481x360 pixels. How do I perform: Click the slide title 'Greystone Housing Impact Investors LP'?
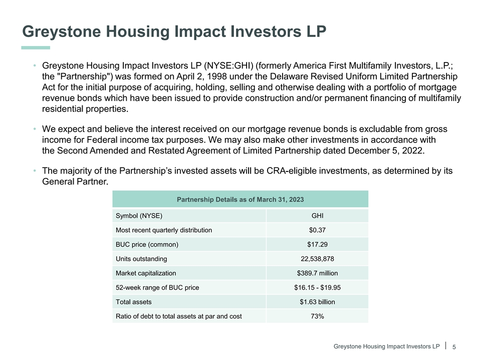[174, 32]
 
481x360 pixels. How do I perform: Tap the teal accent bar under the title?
[36, 47]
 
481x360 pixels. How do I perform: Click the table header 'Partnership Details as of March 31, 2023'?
[240, 199]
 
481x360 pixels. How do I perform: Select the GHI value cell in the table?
[317, 216]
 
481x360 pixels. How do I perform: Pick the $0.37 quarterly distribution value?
[317, 230]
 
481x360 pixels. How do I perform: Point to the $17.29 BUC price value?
[317, 244]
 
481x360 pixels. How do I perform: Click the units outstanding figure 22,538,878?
[317, 259]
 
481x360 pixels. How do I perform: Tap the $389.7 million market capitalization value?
[317, 273]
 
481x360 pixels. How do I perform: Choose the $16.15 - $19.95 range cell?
[317, 287]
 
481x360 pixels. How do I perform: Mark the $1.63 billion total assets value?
[317, 302]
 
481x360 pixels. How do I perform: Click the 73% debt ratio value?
[317, 316]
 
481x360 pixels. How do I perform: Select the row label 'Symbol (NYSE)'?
[139, 216]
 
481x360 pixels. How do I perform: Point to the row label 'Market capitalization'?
[146, 273]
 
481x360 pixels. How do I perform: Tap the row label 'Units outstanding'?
[141, 259]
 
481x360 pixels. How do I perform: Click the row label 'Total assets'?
[133, 302]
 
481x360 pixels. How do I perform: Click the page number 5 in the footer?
[454, 347]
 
